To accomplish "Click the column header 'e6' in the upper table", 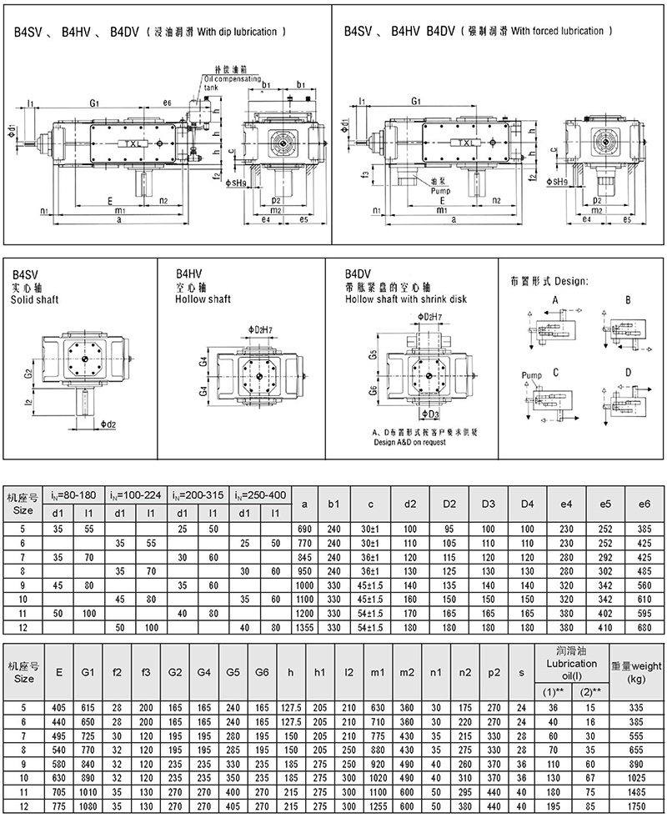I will point(643,504).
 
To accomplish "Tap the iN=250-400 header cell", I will point(259,494).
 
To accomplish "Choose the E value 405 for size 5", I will point(58,708).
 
